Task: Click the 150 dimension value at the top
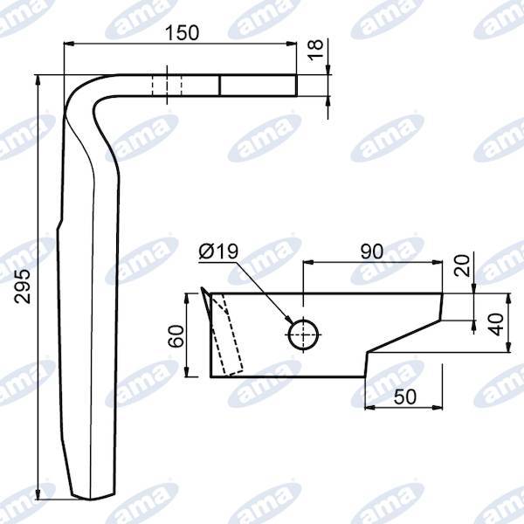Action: click(x=183, y=32)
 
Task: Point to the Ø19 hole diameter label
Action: click(x=217, y=252)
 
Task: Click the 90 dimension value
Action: click(x=371, y=252)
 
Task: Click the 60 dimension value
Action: click(x=176, y=336)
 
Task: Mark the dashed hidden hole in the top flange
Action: click(x=167, y=86)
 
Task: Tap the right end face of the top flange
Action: click(x=297, y=86)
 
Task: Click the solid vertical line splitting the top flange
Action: click(x=219, y=86)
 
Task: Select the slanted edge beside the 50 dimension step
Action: click(x=402, y=337)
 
